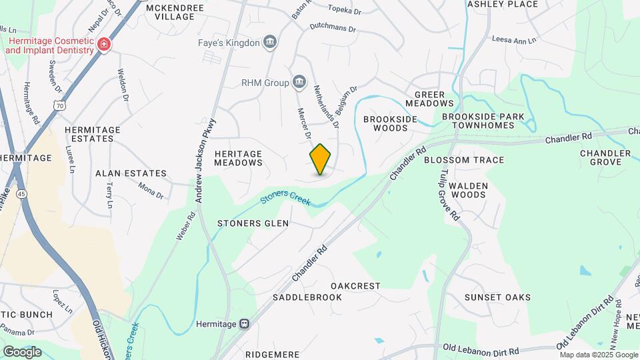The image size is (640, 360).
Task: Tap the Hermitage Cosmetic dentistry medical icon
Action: tap(103, 45)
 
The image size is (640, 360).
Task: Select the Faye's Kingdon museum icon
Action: tap(270, 43)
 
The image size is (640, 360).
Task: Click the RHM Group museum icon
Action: tap(299, 83)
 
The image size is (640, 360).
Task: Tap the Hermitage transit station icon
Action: tap(245, 324)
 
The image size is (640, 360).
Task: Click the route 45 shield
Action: tap(23, 193)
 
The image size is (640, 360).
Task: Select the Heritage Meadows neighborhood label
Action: tap(238, 158)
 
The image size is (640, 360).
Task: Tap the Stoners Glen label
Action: tap(254, 223)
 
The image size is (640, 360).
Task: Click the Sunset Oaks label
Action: tap(497, 297)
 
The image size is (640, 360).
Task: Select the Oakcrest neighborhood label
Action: tap(355, 286)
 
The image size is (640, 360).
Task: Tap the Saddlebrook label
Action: tap(307, 297)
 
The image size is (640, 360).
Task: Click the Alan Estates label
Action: tap(131, 173)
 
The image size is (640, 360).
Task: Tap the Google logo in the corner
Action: tap(22, 351)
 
